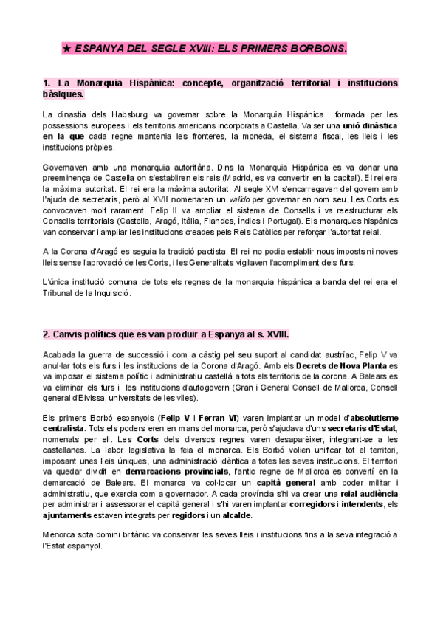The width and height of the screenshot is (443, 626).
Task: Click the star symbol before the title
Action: pos(66,49)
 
